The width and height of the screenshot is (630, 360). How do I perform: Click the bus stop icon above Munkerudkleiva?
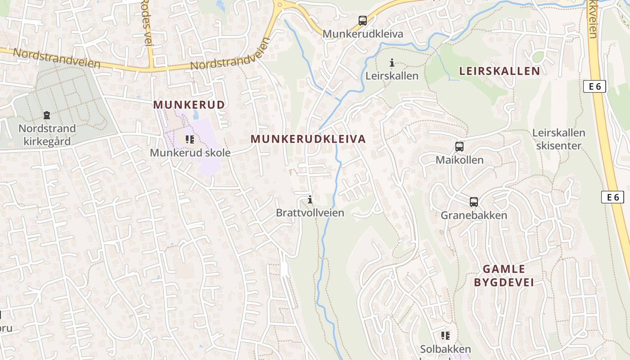pyautogui.click(x=362, y=21)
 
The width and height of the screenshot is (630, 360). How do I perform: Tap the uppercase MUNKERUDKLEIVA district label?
pyautogui.click(x=308, y=139)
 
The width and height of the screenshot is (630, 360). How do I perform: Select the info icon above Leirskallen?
pyautogui.click(x=391, y=63)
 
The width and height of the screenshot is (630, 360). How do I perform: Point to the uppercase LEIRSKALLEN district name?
pyautogui.click(x=499, y=71)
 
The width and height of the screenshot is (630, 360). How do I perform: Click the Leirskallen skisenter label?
pyautogui.click(x=558, y=139)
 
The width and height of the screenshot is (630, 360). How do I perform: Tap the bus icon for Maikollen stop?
pyautogui.click(x=459, y=147)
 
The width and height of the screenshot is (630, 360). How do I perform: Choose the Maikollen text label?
pyautogui.click(x=459, y=160)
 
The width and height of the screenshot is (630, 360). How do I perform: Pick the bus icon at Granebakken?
pyautogui.click(x=473, y=202)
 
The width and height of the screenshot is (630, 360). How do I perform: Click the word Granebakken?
pyautogui.click(x=473, y=215)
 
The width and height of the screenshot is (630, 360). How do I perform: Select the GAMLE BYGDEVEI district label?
pyautogui.click(x=504, y=275)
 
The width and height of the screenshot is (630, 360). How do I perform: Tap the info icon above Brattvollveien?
pyautogui.click(x=310, y=199)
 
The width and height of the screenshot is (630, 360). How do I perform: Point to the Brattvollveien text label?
pyautogui.click(x=310, y=212)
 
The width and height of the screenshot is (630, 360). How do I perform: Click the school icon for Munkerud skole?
pyautogui.click(x=190, y=139)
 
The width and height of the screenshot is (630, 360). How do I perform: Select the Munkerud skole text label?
pyautogui.click(x=190, y=153)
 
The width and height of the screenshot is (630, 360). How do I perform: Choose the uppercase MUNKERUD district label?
pyautogui.click(x=189, y=104)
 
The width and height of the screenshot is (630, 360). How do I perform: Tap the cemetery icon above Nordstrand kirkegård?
pyautogui.click(x=46, y=116)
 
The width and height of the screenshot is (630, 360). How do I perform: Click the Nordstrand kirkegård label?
pyautogui.click(x=47, y=135)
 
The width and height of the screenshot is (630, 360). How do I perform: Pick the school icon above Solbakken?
pyautogui.click(x=445, y=335)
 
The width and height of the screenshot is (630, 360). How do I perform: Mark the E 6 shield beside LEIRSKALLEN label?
pyautogui.click(x=594, y=86)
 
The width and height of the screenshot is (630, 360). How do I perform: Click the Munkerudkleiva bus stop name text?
pyautogui.click(x=363, y=34)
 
